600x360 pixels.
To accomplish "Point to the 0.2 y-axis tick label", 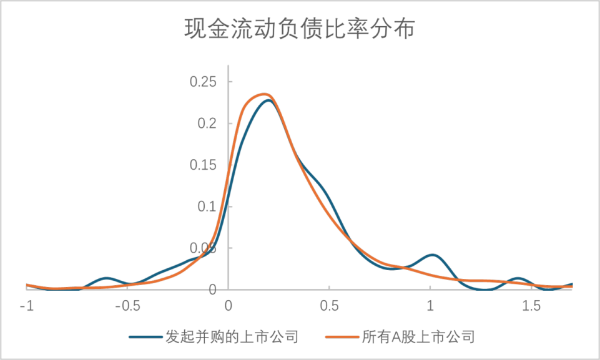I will tap(207, 124).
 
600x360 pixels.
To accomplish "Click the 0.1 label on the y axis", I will tap(207, 207).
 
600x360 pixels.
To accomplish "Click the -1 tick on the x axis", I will tap(27, 306).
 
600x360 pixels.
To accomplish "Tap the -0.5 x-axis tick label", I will tap(127, 306).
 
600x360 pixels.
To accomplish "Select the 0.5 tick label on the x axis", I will tap(330, 306).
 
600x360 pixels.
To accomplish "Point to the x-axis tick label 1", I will tap(430, 306).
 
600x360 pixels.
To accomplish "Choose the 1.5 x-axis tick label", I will tap(531, 306).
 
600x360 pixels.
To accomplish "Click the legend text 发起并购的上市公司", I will tap(231, 338).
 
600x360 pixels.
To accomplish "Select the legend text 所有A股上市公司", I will tap(418, 338).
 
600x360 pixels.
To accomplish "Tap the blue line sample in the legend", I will tap(145, 338).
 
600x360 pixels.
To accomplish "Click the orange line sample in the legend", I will tap(342, 338).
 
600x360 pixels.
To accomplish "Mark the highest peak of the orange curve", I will tap(263, 94).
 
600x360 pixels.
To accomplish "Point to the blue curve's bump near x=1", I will tap(432, 255).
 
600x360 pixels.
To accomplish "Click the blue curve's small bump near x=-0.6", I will tap(107, 278).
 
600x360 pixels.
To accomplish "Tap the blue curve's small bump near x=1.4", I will tap(518, 278).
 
